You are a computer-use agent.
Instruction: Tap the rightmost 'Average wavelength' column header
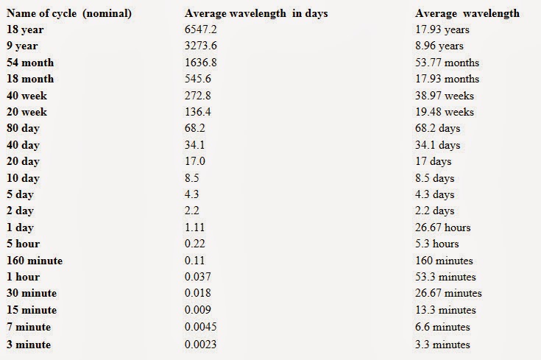tap(467, 13)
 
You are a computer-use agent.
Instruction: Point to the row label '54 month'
tap(30, 63)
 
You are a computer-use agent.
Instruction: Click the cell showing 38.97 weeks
tap(445, 96)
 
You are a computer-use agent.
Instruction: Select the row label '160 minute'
tap(35, 261)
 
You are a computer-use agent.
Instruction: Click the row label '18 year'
tap(26, 29)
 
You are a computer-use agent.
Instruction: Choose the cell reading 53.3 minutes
tap(445, 277)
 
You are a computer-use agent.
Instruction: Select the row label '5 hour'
tap(24, 244)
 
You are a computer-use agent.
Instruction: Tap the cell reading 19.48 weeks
tap(445, 112)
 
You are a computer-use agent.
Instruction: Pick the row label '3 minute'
tap(29, 344)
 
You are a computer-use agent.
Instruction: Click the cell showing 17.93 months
tap(447, 79)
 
